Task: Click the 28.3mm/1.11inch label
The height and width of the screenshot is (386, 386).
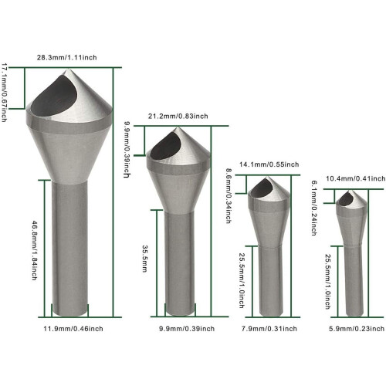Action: (x=67, y=57)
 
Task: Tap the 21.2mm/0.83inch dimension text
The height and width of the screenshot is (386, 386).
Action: (x=178, y=117)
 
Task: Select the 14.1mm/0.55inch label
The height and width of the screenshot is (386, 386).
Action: (x=269, y=164)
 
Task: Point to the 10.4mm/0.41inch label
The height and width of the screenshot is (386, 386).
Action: (x=356, y=178)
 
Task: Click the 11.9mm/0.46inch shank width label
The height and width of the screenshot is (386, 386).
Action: (x=73, y=329)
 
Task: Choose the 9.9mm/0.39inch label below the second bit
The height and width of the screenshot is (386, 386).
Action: (x=187, y=329)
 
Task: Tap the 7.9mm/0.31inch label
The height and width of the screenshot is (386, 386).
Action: (x=269, y=329)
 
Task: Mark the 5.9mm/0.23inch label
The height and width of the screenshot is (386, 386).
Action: (x=357, y=329)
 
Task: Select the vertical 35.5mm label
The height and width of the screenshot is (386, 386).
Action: (x=144, y=259)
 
